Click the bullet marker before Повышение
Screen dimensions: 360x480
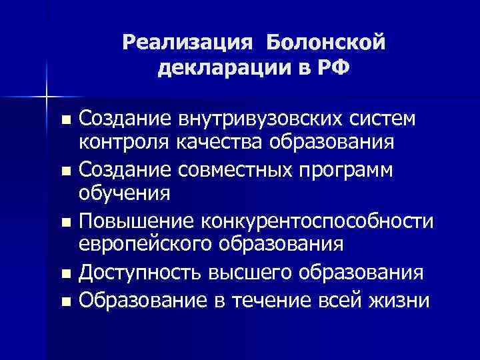[65, 221]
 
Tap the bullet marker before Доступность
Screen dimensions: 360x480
[65, 273]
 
